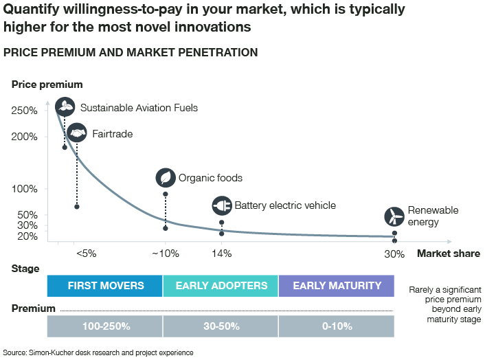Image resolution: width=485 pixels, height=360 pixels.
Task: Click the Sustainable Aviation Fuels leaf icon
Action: tap(65, 106)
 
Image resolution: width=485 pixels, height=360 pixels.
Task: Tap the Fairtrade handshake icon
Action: tap(77, 133)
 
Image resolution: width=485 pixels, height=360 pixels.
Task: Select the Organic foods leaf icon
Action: tap(166, 177)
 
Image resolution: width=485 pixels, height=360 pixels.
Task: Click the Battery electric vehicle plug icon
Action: tap(222, 205)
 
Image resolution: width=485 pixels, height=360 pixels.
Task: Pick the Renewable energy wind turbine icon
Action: tap(394, 216)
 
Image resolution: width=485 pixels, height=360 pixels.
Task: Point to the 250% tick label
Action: tap(25, 111)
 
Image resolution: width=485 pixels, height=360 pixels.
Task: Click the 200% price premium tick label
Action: tap(25, 137)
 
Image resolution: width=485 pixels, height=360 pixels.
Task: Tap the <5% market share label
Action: tap(86, 254)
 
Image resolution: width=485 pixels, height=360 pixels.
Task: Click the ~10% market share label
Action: tap(165, 254)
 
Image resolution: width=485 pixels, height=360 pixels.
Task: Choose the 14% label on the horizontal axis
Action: tap(221, 254)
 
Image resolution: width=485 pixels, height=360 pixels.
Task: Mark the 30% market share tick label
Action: tap(394, 254)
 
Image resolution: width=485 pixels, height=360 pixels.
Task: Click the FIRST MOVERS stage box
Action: tap(105, 286)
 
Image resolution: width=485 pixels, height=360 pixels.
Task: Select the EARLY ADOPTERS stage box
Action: tap(221, 286)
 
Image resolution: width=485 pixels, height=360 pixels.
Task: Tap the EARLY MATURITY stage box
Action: tap(337, 286)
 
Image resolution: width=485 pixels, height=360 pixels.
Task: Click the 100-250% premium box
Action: tap(105, 326)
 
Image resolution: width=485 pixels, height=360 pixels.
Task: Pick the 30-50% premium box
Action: tap(221, 326)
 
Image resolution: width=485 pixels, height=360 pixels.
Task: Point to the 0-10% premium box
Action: tap(337, 326)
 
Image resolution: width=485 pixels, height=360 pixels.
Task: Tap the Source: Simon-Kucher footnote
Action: tap(98, 352)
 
